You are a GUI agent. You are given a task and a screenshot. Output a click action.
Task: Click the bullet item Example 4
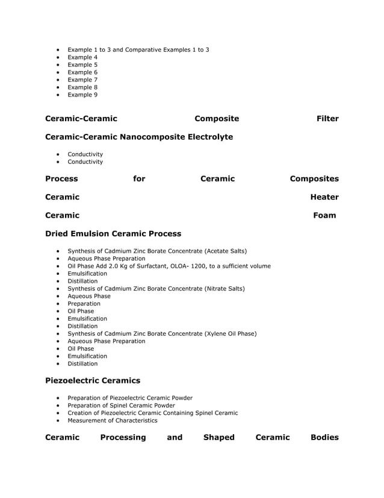coord(82,57)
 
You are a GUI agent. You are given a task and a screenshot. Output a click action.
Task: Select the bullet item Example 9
coord(82,95)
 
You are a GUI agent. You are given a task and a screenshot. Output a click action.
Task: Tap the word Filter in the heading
coord(327,119)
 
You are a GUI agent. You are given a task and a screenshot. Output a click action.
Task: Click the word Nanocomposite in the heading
coord(156,137)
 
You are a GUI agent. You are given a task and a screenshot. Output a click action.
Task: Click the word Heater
coord(324,197)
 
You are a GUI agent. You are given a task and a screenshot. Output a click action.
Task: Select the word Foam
coord(324,215)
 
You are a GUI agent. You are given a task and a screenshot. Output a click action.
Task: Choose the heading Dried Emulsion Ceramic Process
coord(113,233)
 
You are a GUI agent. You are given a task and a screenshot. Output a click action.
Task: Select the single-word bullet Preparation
coord(84,304)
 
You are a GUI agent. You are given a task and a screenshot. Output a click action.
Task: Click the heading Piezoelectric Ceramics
coord(93,380)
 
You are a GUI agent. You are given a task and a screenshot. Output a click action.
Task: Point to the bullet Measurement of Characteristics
coord(112,420)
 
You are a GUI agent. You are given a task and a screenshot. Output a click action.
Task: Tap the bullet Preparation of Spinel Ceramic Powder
coord(121,405)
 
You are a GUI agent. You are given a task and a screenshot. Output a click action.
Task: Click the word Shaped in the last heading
coord(218,437)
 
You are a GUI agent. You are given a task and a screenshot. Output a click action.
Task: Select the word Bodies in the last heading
coord(324,437)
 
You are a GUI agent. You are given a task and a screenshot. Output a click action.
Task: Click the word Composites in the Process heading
coord(314,179)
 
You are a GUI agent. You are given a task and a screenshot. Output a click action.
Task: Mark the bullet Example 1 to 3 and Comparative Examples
coord(138,49)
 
